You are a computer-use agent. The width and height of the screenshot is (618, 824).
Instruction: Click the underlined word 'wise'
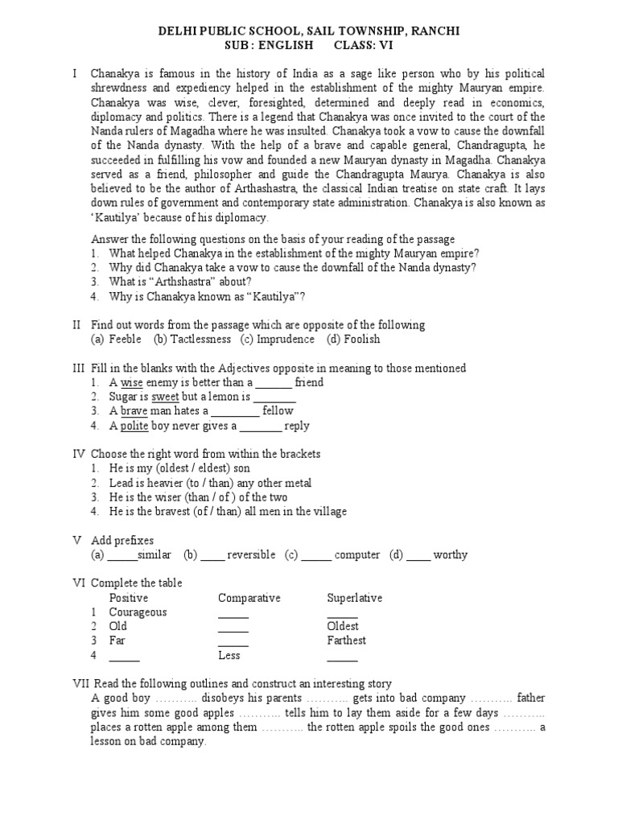pyautogui.click(x=131, y=383)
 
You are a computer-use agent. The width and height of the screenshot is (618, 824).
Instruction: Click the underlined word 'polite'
pyautogui.click(x=134, y=426)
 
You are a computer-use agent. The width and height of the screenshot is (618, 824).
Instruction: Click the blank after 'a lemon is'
pyautogui.click(x=275, y=398)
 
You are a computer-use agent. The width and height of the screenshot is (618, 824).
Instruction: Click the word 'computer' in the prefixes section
pyautogui.click(x=357, y=554)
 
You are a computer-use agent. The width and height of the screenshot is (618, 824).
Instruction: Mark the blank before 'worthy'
pyautogui.click(x=418, y=554)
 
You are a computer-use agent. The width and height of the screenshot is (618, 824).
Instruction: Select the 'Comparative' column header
pyautogui.click(x=249, y=598)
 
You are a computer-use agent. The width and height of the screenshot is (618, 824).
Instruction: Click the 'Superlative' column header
pyautogui.click(x=354, y=598)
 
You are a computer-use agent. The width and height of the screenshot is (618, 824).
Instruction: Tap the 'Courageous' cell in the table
pyautogui.click(x=138, y=612)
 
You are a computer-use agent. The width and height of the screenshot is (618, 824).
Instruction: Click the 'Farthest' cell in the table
pyautogui.click(x=346, y=641)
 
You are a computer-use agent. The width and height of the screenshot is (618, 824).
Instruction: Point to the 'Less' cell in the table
pyautogui.click(x=229, y=655)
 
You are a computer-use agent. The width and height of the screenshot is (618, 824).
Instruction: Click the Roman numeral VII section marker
pyautogui.click(x=80, y=684)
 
